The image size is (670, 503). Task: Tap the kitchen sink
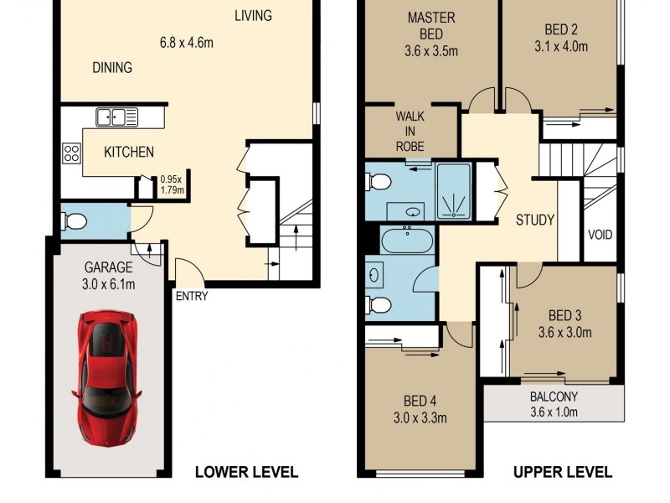point(116,117)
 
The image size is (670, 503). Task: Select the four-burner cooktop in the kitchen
point(71,153)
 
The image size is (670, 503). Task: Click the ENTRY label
point(192,296)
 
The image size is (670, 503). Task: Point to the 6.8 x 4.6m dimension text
point(186,43)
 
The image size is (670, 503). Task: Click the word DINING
point(112,68)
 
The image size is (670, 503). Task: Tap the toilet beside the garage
point(75,222)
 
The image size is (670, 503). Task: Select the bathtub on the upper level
point(406,241)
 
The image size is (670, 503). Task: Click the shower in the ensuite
point(454,191)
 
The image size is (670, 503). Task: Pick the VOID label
point(600,235)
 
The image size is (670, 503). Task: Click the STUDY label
point(535,220)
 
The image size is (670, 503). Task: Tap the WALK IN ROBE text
point(410,132)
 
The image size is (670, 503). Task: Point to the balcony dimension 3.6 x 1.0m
point(554,412)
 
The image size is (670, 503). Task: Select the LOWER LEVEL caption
point(246,472)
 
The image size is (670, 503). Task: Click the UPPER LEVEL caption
point(563,472)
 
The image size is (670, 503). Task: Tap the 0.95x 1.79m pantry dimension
point(172,184)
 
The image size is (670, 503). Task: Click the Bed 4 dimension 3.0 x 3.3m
point(420,417)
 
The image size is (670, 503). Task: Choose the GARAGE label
point(108,267)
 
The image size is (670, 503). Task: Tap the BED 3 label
point(564,316)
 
